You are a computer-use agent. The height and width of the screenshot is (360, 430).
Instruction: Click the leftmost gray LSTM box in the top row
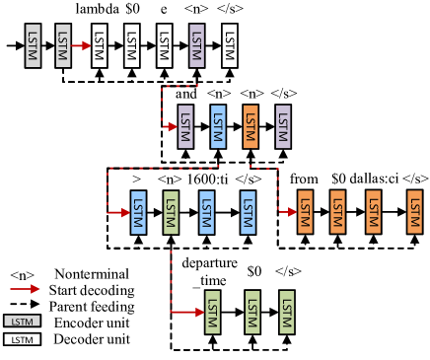coord(33,45)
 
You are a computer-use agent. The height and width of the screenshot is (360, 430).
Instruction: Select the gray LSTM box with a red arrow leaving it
coord(63,45)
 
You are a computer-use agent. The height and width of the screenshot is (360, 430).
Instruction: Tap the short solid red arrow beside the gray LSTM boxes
coord(81,45)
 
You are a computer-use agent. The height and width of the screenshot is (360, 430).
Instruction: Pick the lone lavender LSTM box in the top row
coord(196,45)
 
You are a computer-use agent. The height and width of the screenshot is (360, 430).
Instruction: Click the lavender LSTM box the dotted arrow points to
coord(185,126)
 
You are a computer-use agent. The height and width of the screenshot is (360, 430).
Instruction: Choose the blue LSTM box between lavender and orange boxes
coord(218,126)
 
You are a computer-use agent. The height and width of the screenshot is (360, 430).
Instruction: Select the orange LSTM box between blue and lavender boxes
coord(251,126)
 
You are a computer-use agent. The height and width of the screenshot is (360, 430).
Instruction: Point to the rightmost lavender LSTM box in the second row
coord(283,126)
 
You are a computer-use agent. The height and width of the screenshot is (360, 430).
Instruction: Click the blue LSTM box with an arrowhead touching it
coord(138,212)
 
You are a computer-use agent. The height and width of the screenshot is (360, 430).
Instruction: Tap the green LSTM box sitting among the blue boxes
coord(171,212)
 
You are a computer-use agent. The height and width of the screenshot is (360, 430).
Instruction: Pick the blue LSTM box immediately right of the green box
coord(206,212)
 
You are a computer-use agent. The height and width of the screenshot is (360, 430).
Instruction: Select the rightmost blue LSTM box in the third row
coord(248,212)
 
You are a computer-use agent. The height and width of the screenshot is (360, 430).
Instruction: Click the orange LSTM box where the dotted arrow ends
coord(305,212)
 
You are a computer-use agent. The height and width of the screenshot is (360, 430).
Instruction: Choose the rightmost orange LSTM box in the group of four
coord(414,212)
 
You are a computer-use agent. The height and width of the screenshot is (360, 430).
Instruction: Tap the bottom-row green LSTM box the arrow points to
coord(212,313)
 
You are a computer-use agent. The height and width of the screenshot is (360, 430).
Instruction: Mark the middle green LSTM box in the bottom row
coord(252,313)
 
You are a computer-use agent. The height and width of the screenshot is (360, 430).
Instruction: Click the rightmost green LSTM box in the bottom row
coord(287,313)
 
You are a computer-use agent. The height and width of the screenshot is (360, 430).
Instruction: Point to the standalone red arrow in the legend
coord(25,289)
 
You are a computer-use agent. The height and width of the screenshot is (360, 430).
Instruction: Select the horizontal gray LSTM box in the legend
coord(22,322)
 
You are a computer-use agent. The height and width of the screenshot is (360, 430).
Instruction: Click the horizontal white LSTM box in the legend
coord(22,339)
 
